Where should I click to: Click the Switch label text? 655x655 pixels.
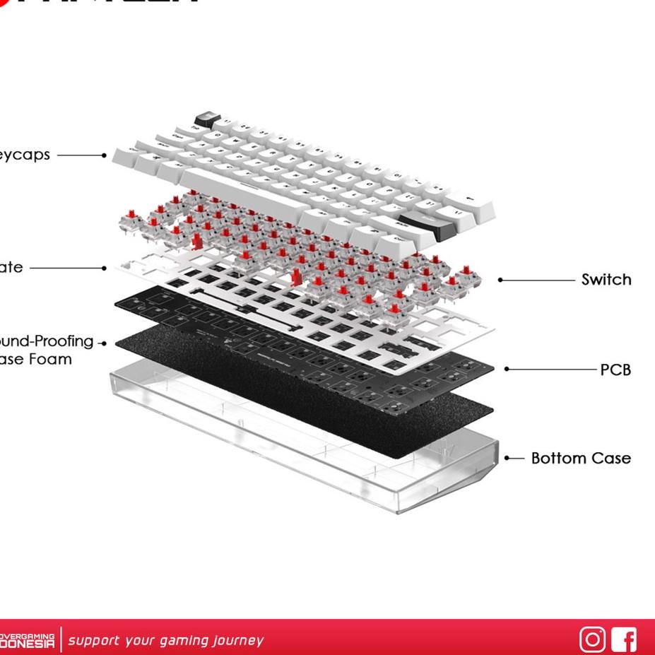click(x=606, y=280)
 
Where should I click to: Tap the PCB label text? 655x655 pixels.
click(x=615, y=370)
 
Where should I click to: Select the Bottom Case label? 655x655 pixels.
click(x=580, y=459)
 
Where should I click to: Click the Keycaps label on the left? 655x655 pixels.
click(x=25, y=155)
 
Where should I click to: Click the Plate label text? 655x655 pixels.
click(x=11, y=268)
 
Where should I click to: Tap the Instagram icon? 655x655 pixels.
click(x=592, y=639)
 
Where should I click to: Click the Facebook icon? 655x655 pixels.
click(x=624, y=639)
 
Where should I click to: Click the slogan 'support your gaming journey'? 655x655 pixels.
click(x=165, y=641)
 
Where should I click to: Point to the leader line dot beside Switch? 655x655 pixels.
click(x=500, y=280)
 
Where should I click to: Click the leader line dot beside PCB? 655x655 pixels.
click(x=507, y=369)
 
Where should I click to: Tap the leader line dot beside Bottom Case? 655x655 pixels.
click(x=507, y=458)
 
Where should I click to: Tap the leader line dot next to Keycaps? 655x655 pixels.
click(x=104, y=155)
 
